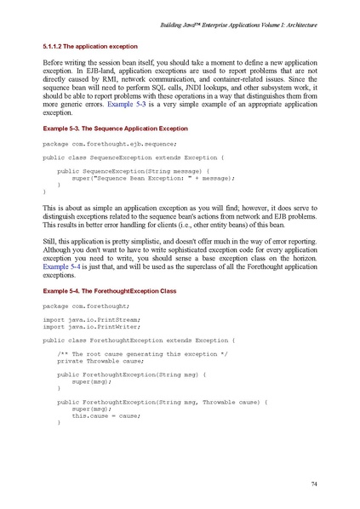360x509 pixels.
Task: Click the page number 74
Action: tap(314, 484)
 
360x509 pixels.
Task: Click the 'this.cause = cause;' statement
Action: tap(104, 415)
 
